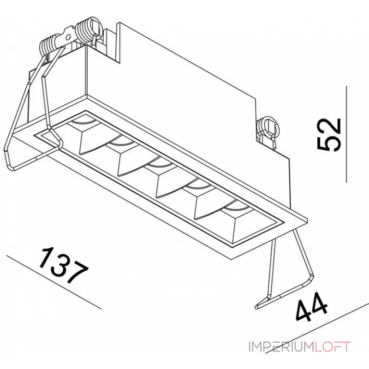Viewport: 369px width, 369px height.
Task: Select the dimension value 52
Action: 329,135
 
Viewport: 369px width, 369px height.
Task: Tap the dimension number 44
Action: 311,307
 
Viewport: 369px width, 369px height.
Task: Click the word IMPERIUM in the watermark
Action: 281,347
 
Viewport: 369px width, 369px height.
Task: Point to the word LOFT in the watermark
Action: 332,347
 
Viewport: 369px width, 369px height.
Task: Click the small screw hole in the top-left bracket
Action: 68,37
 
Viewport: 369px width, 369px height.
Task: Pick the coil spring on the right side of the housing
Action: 268,132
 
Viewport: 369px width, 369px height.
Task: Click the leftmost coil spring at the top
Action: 50,46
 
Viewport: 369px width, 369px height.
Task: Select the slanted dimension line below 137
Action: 54,282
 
